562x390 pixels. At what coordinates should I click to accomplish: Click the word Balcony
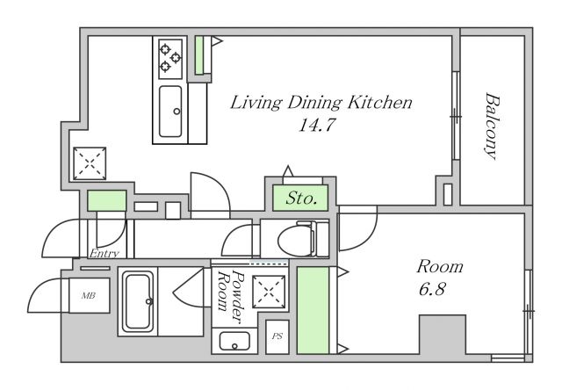pyautogui.click(x=492, y=126)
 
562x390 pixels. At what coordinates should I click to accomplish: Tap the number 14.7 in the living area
pyautogui.click(x=317, y=125)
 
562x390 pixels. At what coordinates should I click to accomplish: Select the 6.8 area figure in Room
pyautogui.click(x=432, y=289)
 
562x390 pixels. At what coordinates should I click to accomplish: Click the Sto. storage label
pyautogui.click(x=301, y=198)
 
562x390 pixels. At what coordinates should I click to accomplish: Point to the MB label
pyautogui.click(x=88, y=296)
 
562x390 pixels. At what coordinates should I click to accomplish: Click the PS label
pyautogui.click(x=277, y=336)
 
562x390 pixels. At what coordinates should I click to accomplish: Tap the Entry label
pyautogui.click(x=104, y=254)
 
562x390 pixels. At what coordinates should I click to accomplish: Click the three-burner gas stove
pyautogui.click(x=170, y=59)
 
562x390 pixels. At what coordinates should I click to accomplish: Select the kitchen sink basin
pyautogui.click(x=170, y=112)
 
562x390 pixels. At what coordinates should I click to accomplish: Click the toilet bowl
pyautogui.click(x=296, y=239)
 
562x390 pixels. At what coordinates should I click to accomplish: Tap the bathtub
pyautogui.click(x=138, y=301)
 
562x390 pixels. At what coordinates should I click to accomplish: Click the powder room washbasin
pyautogui.click(x=234, y=341)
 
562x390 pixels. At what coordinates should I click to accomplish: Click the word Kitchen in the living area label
pyautogui.click(x=380, y=103)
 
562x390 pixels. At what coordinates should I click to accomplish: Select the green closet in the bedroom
pyautogui.click(x=313, y=310)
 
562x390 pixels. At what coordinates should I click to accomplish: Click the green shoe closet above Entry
pyautogui.click(x=107, y=201)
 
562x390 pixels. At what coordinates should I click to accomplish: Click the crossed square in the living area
pyautogui.click(x=90, y=163)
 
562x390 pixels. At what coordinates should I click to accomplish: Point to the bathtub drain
pyautogui.click(x=148, y=301)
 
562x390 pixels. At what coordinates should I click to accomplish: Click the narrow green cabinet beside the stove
pyautogui.click(x=199, y=55)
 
